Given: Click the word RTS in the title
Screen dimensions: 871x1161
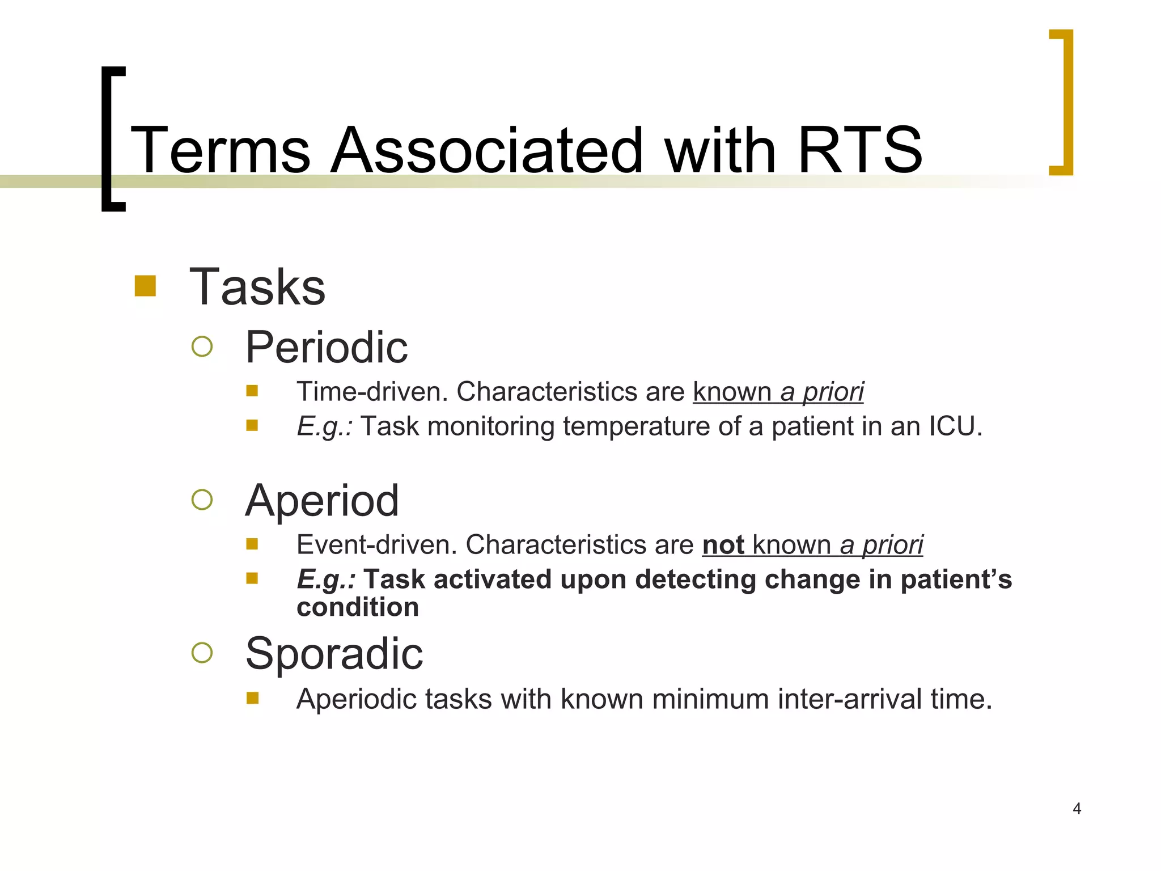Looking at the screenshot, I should click(859, 150).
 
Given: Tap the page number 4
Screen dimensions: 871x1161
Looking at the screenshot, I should click(1077, 809).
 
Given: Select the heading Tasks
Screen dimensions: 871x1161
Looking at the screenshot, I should click(257, 287).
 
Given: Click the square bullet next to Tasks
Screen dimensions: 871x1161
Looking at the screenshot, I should click(145, 286).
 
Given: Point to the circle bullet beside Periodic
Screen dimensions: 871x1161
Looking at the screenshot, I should click(202, 346).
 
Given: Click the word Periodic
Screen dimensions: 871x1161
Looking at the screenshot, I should click(326, 348).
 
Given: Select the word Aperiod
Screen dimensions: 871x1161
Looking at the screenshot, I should click(322, 501).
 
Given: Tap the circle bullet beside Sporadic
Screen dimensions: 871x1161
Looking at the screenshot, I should click(202, 653).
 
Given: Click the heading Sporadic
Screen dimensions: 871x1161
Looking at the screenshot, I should click(334, 654).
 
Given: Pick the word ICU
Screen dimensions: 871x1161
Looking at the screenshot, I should click(955, 426).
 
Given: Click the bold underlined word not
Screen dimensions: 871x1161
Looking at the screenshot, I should click(723, 545).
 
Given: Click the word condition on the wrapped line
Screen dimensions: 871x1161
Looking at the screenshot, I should click(358, 607).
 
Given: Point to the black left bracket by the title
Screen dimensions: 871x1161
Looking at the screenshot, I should click(112, 139).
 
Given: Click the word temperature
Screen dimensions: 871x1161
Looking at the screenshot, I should click(636, 426).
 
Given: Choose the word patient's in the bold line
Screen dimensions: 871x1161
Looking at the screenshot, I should click(956, 580).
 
